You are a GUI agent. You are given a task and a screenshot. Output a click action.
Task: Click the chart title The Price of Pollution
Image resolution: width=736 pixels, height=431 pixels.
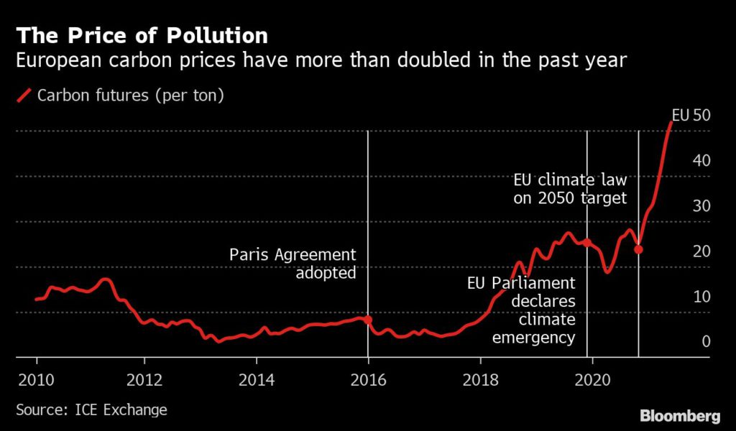(x=142, y=35)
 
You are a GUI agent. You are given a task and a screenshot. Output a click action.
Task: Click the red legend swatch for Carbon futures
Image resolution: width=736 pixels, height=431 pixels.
(x=26, y=96)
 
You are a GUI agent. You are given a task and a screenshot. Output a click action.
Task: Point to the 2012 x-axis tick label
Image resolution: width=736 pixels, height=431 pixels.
(x=144, y=379)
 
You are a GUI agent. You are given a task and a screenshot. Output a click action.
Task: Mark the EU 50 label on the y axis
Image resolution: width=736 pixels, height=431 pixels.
(x=691, y=116)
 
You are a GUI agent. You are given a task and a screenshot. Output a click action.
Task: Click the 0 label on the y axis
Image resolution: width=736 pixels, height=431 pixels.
(x=706, y=342)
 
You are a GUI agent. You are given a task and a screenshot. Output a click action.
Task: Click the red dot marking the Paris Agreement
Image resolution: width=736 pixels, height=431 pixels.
(x=368, y=320)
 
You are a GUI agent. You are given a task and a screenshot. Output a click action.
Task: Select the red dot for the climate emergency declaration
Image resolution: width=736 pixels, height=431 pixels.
(x=587, y=243)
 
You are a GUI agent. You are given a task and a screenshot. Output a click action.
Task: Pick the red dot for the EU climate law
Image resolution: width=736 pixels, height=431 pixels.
(x=639, y=249)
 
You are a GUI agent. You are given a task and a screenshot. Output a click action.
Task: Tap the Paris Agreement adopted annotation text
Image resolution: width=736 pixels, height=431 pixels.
(x=293, y=264)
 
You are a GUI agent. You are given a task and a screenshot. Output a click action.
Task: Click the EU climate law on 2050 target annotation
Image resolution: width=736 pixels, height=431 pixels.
(x=570, y=189)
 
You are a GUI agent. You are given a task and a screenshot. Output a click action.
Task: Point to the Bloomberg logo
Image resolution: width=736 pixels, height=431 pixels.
(x=679, y=415)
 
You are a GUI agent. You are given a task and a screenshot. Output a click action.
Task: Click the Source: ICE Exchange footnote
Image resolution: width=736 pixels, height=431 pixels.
(x=91, y=410)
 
